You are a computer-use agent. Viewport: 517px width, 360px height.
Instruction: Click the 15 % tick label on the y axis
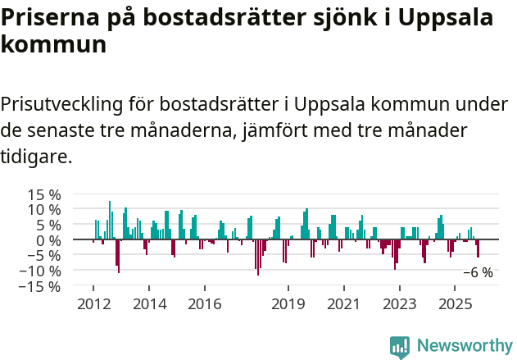tap(44, 195)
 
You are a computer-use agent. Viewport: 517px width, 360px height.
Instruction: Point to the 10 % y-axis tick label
tap(44, 210)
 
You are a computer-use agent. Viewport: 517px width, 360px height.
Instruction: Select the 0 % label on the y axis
tap(48, 241)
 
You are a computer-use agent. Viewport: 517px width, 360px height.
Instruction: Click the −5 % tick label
tap(44, 256)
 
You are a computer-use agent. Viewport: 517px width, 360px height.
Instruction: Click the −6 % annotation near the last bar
tap(478, 273)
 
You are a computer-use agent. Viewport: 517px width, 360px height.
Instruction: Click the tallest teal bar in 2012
tap(110, 220)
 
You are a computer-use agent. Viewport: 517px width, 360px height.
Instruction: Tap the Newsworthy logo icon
tap(400, 346)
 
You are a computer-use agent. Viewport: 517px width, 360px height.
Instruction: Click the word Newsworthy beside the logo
tap(464, 346)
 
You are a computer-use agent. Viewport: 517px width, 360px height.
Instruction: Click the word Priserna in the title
tap(50, 18)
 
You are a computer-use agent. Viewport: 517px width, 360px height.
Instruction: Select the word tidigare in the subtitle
tap(36, 156)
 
